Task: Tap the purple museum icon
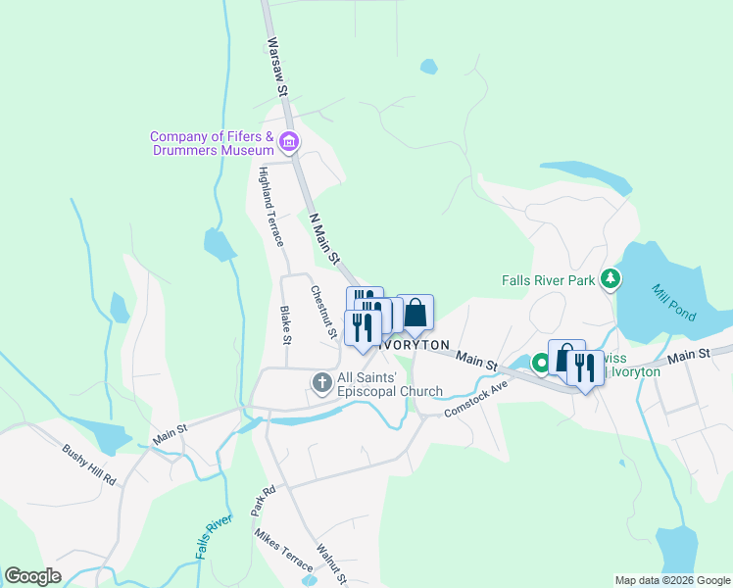click(x=288, y=143)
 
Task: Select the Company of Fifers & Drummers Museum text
click(x=212, y=143)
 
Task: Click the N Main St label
click(x=324, y=238)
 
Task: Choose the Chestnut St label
click(x=323, y=313)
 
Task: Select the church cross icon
click(x=321, y=383)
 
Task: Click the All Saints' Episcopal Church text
click(x=389, y=384)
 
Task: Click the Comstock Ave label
click(x=476, y=399)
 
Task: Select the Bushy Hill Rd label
click(x=89, y=466)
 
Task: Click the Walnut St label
click(x=331, y=564)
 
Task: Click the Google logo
click(x=32, y=575)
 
